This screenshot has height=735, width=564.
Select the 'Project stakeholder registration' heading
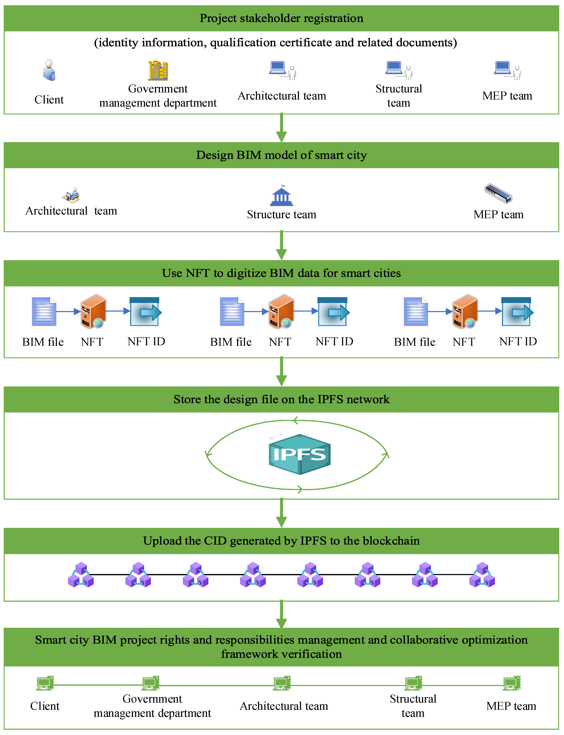[281, 18]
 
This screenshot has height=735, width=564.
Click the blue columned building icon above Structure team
[281, 196]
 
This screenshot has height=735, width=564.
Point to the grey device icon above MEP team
[498, 194]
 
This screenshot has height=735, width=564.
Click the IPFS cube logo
[299, 454]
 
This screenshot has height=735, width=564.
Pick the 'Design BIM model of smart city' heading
[281, 155]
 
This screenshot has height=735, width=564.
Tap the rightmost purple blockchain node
[482, 575]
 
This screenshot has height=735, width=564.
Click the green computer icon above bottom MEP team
[511, 683]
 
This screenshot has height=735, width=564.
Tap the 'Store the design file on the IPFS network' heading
[281, 399]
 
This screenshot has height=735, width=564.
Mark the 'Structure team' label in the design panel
[281, 215]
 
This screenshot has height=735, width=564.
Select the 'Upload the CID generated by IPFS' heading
[281, 541]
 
